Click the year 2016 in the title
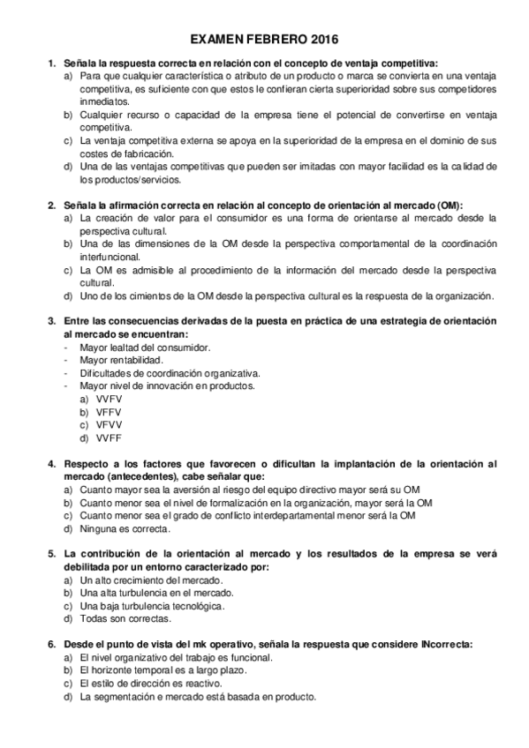coord(321,41)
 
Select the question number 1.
coord(51,63)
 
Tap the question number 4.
coord(51,464)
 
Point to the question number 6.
coord(51,645)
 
